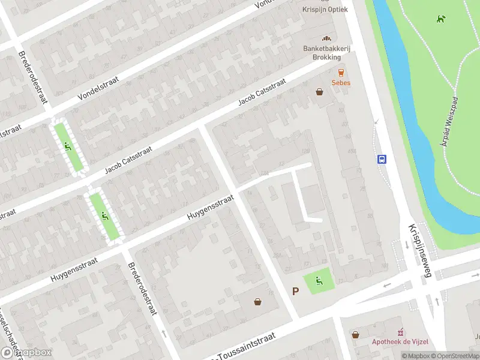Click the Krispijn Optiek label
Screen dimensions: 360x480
(326, 9)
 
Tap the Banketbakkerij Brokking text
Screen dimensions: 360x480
(322, 53)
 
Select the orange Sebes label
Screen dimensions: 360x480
(341, 82)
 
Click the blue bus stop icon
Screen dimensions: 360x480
(382, 159)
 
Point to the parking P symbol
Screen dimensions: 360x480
(295, 291)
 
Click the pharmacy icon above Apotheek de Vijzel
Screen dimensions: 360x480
(401, 331)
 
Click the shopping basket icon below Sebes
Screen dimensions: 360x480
(319, 92)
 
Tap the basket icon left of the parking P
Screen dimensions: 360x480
(258, 302)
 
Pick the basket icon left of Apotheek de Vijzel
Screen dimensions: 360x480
(356, 334)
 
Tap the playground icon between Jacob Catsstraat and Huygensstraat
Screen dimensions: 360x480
(104, 215)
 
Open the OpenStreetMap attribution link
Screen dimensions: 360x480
(454, 356)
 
